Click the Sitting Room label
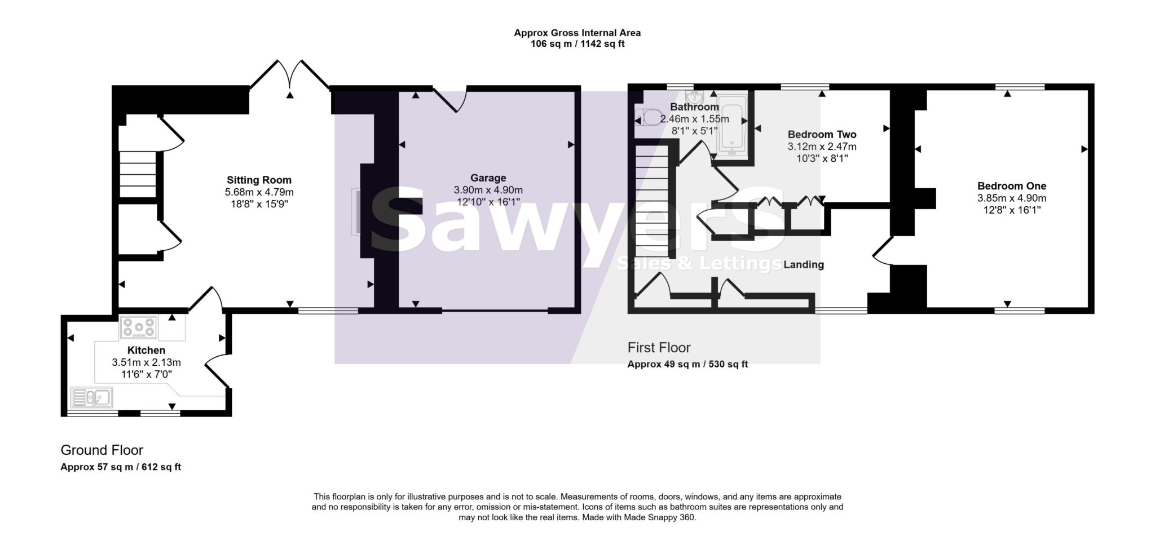pyautogui.click(x=259, y=180)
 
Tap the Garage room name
pyautogui.click(x=488, y=178)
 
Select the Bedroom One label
pyautogui.click(x=1011, y=186)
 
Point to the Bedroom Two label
pyautogui.click(x=822, y=135)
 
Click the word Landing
pyautogui.click(x=804, y=265)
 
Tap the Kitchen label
pyautogui.click(x=146, y=351)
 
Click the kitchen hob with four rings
pyautogui.click(x=138, y=327)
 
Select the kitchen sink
pyautogui.click(x=91, y=397)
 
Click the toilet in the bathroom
pyautogui.click(x=649, y=118)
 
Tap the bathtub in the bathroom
pyautogui.click(x=732, y=129)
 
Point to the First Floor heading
pyautogui.click(x=659, y=348)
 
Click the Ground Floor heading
pyautogui.click(x=102, y=450)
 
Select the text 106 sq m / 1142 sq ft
pyautogui.click(x=577, y=44)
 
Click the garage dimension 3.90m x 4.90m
pyautogui.click(x=488, y=191)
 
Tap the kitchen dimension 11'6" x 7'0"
pyautogui.click(x=146, y=374)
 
